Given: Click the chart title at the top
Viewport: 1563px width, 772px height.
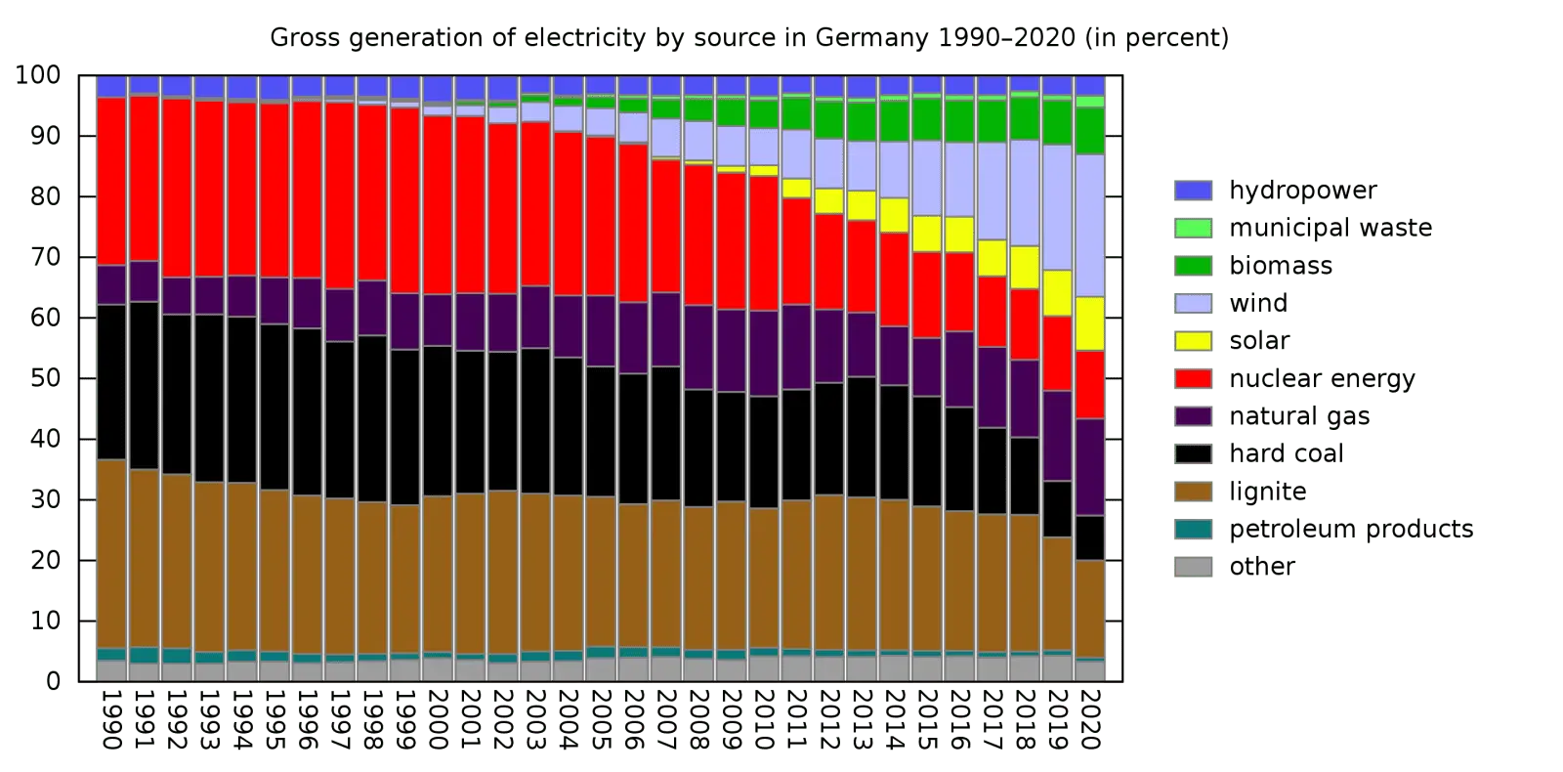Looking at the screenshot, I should [x=750, y=37].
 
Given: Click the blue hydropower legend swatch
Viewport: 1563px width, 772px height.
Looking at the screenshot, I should [x=1193, y=191].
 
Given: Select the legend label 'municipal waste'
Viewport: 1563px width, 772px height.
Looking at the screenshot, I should [x=1331, y=229].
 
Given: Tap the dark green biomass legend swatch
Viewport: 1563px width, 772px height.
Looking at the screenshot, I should [x=1193, y=266].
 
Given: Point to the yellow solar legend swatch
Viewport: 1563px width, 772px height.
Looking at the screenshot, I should [x=1193, y=340].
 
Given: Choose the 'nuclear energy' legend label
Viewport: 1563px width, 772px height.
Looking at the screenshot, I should [x=1324, y=378].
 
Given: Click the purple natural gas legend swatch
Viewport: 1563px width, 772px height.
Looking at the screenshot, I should [x=1193, y=415].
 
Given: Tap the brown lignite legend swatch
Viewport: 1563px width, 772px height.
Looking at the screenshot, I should [x=1193, y=491].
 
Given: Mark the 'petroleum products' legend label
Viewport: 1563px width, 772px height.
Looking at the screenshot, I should [x=1350, y=529].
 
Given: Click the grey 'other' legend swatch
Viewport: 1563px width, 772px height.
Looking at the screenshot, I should [x=1193, y=566].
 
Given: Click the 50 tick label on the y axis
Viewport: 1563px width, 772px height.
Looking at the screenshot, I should [x=49, y=378].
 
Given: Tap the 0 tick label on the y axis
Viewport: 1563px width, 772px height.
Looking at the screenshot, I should [x=55, y=681].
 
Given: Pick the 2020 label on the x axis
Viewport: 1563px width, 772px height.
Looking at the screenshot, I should [x=1090, y=718].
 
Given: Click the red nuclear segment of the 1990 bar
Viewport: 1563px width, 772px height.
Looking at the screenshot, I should [x=111, y=181].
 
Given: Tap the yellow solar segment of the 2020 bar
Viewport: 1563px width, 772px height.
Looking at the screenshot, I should [x=1090, y=323].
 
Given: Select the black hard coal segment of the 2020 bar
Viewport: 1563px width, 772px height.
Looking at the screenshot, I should [x=1090, y=537].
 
